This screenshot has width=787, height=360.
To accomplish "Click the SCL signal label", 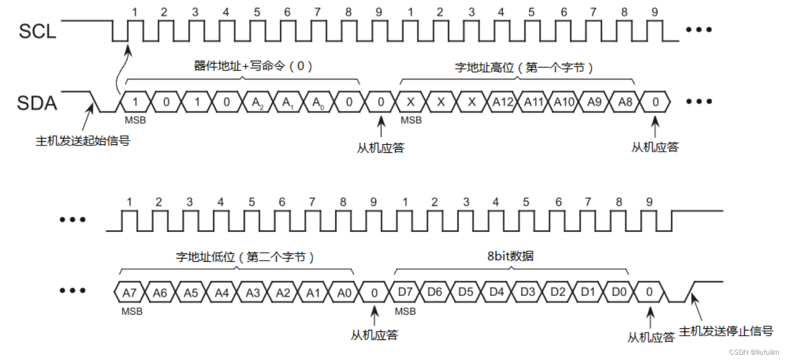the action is coord(37,31).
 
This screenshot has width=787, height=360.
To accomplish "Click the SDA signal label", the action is coord(37,103).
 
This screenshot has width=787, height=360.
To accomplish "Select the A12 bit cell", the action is coord(503,102).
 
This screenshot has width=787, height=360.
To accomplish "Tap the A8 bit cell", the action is coord(625,102).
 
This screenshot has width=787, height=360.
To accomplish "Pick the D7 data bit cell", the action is coord(405,292).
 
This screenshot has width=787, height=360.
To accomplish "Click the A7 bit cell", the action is coord(129,292).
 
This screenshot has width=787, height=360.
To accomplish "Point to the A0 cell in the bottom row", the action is coord(344,292).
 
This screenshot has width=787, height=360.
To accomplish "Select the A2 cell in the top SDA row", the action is coord(258,103).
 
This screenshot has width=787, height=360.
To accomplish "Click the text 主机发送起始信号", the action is coord(83,141).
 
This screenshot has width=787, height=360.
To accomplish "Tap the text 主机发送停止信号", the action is coord(726,331).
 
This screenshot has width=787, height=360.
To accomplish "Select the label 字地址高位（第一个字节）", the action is coord(523,68).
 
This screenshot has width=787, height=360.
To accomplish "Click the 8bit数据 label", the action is coord(510,256).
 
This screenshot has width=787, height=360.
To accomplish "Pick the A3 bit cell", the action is coord(252,292).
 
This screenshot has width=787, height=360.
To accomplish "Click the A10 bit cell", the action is coord(564,102).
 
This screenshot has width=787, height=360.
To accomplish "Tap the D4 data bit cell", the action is coord(497,292).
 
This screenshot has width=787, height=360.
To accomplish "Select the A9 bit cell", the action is coord(594,102).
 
